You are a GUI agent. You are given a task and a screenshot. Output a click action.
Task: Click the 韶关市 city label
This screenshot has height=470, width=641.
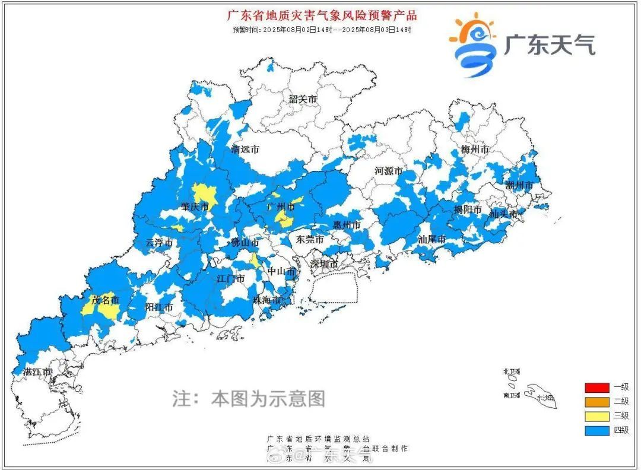(x=303, y=99)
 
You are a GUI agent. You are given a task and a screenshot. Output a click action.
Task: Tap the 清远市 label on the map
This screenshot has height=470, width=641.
(x=245, y=150)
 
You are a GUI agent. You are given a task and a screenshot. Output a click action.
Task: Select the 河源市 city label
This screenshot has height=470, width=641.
(x=389, y=172)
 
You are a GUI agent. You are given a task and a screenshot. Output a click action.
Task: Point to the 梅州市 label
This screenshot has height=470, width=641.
(x=475, y=149)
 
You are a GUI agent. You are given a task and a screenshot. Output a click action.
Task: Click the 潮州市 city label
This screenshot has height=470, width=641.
(x=519, y=186)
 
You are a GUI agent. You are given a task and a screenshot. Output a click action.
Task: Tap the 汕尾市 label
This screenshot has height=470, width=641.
(x=431, y=240)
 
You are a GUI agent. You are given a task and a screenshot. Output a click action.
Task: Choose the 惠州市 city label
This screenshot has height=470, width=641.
(x=347, y=226)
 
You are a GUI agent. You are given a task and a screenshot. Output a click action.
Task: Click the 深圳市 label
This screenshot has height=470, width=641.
(x=325, y=263)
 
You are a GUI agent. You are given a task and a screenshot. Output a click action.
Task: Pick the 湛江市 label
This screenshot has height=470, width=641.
(x=37, y=372)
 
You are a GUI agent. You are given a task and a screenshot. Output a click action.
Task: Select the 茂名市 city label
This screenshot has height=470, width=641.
(x=105, y=300)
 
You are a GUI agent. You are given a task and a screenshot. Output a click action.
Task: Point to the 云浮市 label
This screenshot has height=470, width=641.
(x=159, y=243)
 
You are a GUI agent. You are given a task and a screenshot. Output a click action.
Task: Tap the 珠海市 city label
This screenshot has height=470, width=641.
(x=266, y=300)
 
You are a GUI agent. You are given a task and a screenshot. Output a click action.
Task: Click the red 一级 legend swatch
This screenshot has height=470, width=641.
(x=596, y=388)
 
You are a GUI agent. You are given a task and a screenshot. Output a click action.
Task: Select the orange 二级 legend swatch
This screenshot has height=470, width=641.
(x=596, y=402)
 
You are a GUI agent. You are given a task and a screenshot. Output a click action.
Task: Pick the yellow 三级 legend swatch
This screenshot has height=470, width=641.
(x=596, y=417)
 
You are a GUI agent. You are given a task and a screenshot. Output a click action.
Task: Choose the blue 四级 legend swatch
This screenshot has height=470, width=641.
(x=596, y=431)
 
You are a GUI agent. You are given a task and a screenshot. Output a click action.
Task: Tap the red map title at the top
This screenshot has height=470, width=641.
(x=322, y=15)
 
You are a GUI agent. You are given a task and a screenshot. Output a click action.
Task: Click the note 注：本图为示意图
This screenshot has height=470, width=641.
(x=249, y=398)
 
